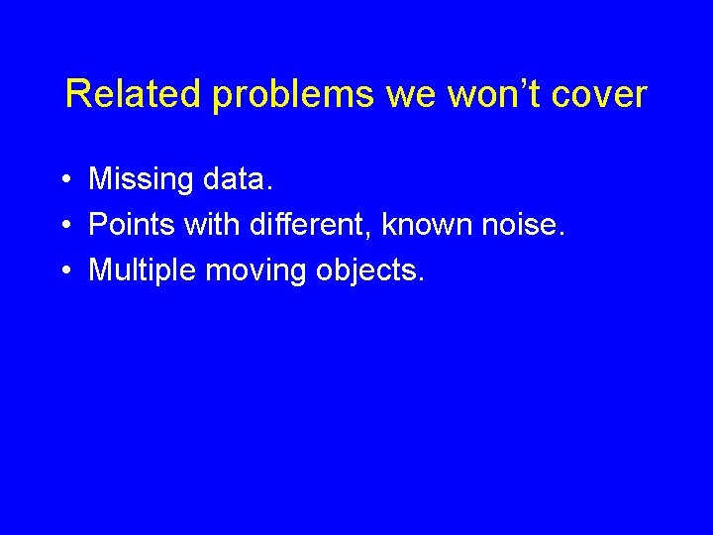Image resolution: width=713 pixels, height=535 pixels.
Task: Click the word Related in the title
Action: coord(133,95)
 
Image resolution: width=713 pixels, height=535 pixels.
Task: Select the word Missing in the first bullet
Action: coord(141,180)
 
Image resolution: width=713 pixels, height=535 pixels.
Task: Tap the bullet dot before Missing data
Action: coord(62,180)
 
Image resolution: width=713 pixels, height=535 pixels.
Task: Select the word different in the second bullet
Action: coord(309,225)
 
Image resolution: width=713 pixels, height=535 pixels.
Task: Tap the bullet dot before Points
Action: coord(62,226)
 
